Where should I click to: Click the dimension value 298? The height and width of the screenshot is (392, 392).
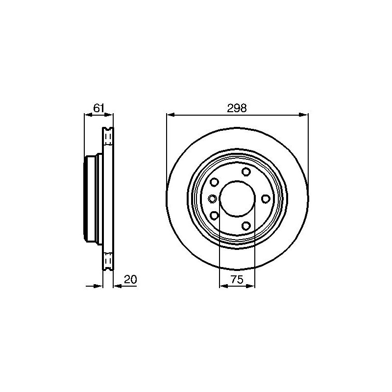237,108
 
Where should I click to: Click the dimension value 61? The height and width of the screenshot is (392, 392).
98,108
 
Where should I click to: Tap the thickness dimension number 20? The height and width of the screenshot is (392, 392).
130,279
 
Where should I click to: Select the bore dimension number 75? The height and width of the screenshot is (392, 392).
237,279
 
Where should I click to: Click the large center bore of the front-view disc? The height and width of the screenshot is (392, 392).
237,199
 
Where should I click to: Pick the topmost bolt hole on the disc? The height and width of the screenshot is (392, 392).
246,171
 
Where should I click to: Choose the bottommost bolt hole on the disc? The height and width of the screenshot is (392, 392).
246,226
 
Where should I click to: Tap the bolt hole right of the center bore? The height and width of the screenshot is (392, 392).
266,199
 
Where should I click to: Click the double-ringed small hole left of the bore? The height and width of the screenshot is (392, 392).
213,199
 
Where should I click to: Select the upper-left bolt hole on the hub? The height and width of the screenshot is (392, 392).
214,182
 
